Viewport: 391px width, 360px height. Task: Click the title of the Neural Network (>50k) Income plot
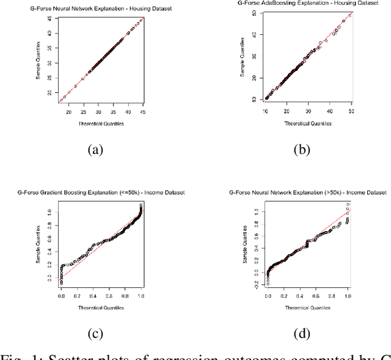(x=307, y=193)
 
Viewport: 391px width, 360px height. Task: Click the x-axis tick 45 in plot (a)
(x=142, y=112)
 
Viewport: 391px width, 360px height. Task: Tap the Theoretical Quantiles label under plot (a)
(x=101, y=123)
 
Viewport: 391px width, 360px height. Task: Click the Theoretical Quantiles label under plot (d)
(x=307, y=307)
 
